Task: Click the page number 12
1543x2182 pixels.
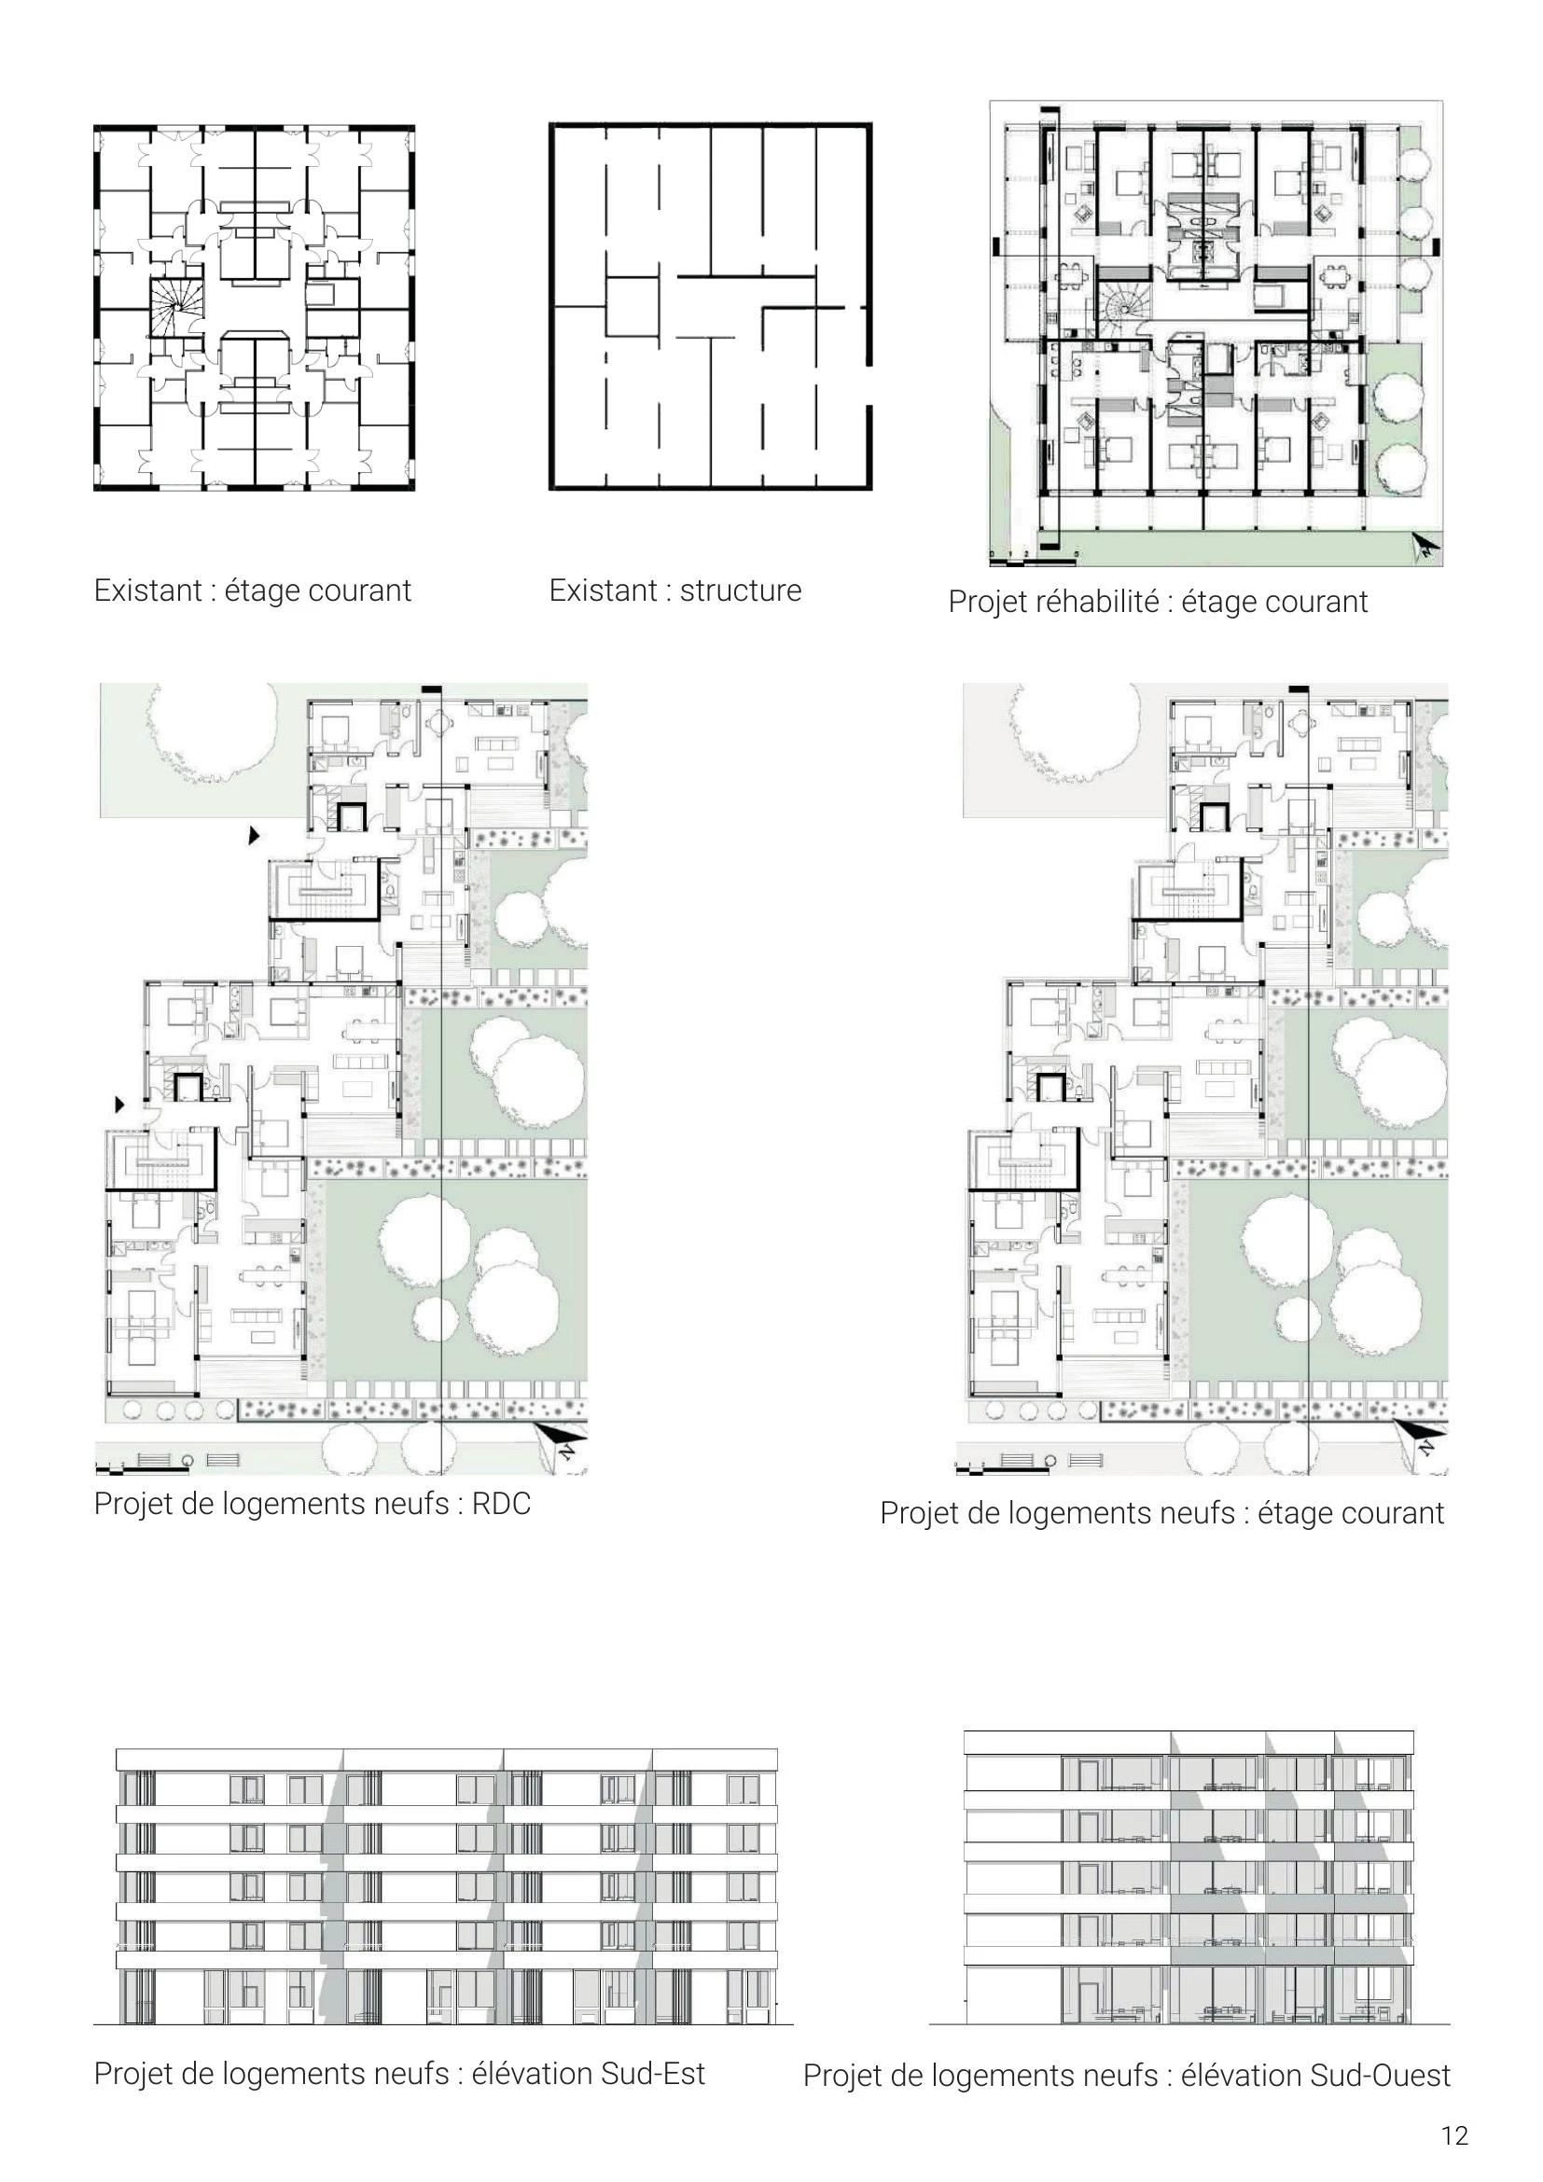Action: click(x=1453, y=2135)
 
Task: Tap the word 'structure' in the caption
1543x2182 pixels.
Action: click(x=740, y=591)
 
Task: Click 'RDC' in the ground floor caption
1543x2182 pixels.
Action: click(x=502, y=1504)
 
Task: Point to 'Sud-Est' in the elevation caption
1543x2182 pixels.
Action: click(x=659, y=2074)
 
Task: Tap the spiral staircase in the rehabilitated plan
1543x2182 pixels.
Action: click(x=1124, y=306)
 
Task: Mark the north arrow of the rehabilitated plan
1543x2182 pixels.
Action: click(x=1426, y=547)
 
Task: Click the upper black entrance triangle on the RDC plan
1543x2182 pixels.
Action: click(x=254, y=835)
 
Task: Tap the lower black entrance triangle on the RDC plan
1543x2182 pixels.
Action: click(x=119, y=1105)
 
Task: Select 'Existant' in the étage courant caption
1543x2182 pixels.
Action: click(x=148, y=591)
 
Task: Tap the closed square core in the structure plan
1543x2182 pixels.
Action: click(x=632, y=307)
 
